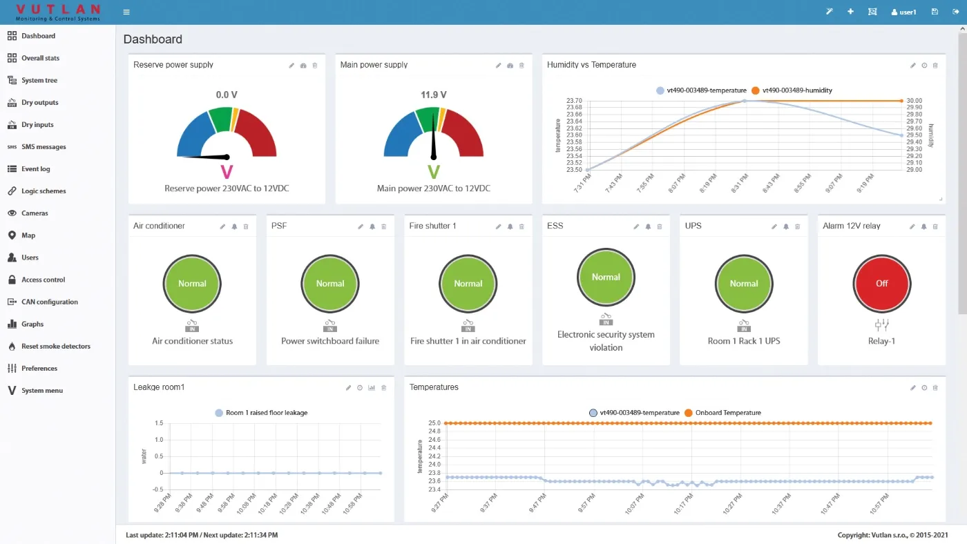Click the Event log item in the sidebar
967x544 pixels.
(x=35, y=169)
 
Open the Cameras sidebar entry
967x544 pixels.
(x=35, y=213)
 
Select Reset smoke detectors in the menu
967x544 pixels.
(x=55, y=346)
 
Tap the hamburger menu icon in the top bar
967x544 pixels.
(x=126, y=12)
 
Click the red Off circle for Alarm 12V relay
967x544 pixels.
(x=881, y=283)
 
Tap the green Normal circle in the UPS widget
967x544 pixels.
(x=744, y=283)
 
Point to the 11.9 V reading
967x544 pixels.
(x=434, y=95)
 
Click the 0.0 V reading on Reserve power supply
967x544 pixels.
(x=227, y=95)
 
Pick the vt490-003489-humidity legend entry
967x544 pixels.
(x=796, y=90)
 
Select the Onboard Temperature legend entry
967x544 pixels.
(x=727, y=413)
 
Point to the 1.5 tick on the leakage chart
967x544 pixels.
(x=159, y=423)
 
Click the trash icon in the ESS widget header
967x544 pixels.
(x=660, y=226)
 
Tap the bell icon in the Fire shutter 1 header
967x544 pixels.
(x=510, y=226)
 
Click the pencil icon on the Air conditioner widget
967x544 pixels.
(x=222, y=226)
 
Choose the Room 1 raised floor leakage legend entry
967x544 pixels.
(x=266, y=413)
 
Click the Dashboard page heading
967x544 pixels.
(x=153, y=39)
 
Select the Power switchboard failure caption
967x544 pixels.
(x=330, y=341)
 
